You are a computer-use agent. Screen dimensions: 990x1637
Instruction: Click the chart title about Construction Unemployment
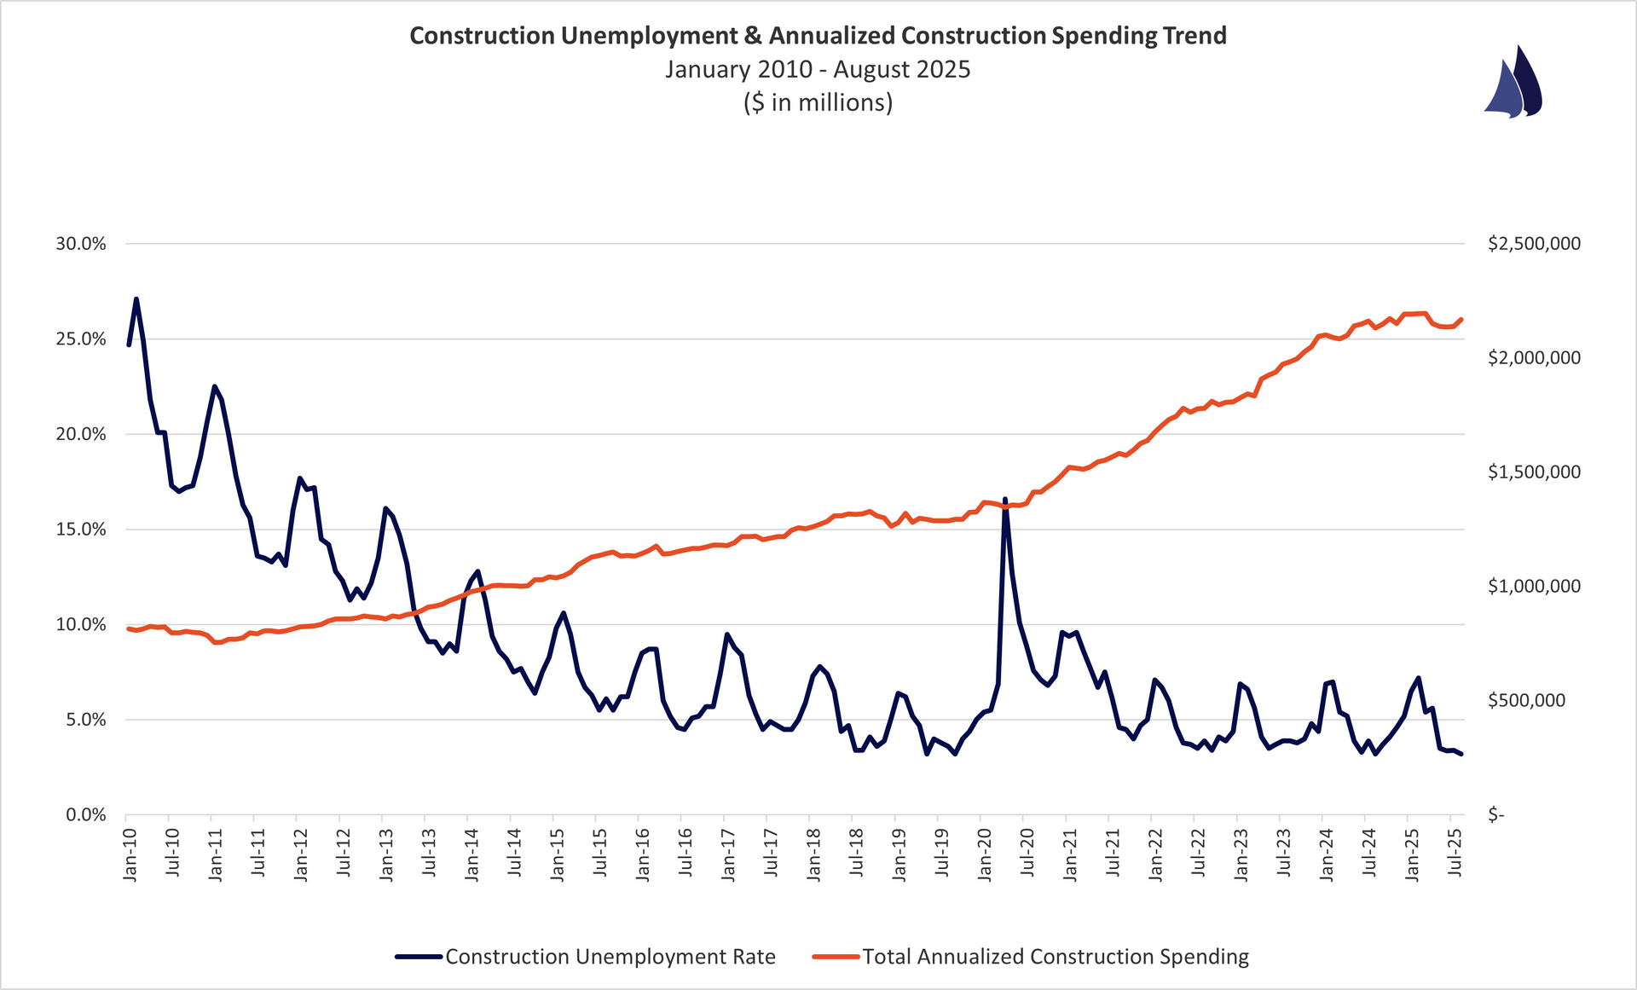(818, 36)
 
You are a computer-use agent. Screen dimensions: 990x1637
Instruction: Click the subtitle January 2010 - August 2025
(818, 69)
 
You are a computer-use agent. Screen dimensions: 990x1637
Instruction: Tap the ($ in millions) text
(818, 102)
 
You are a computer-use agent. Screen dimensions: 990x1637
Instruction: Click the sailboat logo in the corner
(1513, 82)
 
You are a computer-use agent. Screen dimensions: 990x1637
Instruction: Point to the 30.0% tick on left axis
(81, 244)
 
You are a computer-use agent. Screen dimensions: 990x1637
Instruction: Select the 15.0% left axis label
(81, 530)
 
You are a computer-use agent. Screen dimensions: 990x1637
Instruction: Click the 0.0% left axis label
(85, 815)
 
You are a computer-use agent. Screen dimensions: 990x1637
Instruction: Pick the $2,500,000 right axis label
(1534, 244)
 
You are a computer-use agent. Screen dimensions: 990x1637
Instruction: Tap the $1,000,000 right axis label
(1534, 587)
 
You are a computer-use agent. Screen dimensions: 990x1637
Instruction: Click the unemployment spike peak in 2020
(1005, 499)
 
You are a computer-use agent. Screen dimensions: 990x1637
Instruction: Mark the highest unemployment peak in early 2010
(136, 299)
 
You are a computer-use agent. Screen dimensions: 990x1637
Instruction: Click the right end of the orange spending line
(1461, 320)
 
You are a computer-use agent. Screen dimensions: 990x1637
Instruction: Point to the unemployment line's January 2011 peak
(214, 386)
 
